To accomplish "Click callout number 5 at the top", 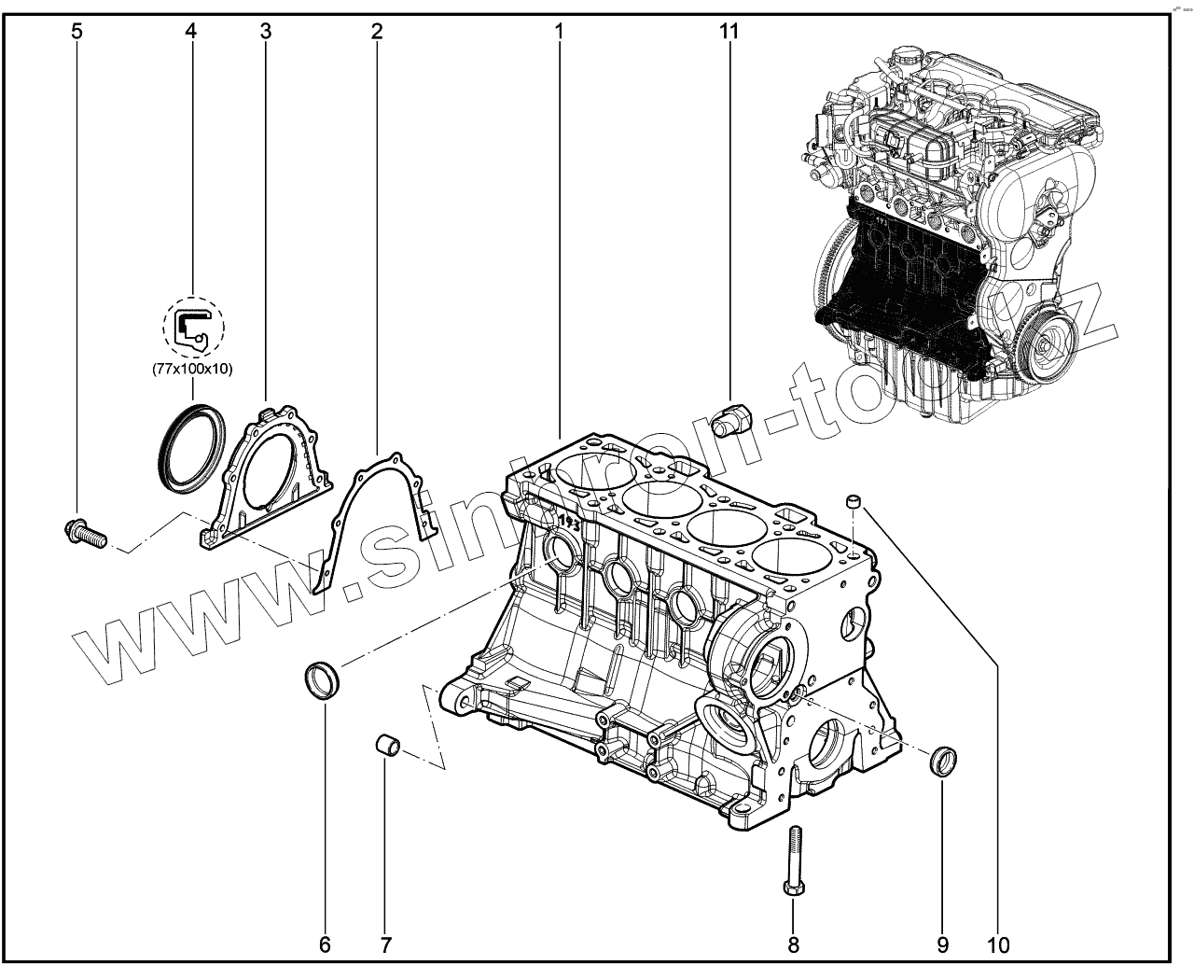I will pyautogui.click(x=76, y=31).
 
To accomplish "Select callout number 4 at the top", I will pyautogui.click(x=190, y=31).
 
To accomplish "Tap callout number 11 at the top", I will pyautogui.click(x=729, y=31).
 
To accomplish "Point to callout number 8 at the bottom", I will pyautogui.click(x=794, y=944).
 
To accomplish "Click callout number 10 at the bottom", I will pyautogui.click(x=996, y=944).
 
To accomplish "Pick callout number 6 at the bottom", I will pyautogui.click(x=325, y=944).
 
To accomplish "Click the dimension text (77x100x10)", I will pyautogui.click(x=192, y=369).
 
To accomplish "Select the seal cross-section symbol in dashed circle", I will pyautogui.click(x=192, y=328).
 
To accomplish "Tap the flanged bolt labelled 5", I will pyautogui.click(x=84, y=534).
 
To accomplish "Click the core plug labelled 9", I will pyautogui.click(x=944, y=760).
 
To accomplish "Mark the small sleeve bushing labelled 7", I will pyautogui.click(x=388, y=745).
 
